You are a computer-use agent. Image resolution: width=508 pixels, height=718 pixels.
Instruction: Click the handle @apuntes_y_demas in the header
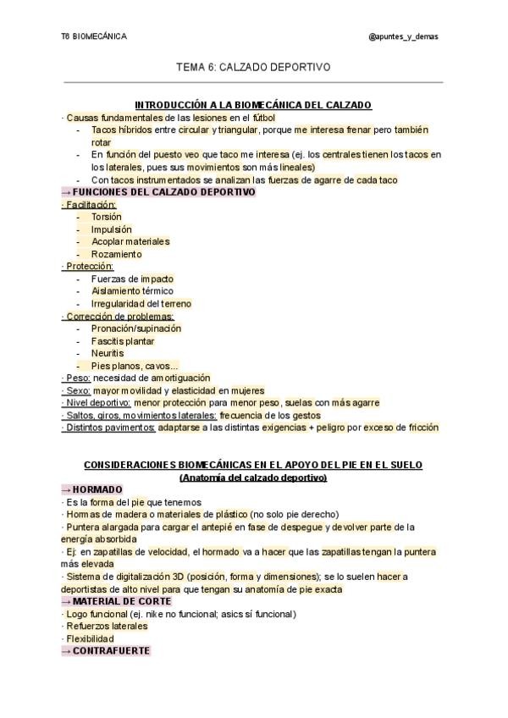pyautogui.click(x=404, y=36)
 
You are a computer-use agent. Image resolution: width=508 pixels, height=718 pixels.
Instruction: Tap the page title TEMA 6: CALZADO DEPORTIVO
pyautogui.click(x=253, y=65)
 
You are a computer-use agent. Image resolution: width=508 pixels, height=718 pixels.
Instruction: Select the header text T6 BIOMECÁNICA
pyautogui.click(x=94, y=36)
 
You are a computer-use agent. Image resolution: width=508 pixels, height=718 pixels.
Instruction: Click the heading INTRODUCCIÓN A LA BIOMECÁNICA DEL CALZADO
pyautogui.click(x=253, y=105)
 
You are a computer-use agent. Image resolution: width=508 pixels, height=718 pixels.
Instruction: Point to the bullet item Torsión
pyautogui.click(x=107, y=217)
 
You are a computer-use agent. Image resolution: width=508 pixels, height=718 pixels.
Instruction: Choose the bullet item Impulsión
pyautogui.click(x=112, y=229)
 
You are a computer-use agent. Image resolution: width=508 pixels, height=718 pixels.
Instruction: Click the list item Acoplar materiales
pyautogui.click(x=130, y=241)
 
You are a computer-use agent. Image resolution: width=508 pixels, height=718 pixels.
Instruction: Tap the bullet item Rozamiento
pyautogui.click(x=117, y=254)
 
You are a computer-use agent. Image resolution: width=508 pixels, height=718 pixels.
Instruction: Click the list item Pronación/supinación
pyautogui.click(x=136, y=329)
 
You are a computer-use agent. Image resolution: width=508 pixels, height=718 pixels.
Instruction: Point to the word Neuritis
pyautogui.click(x=108, y=353)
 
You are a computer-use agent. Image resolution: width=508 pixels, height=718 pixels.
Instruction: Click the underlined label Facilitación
pyautogui.click(x=90, y=204)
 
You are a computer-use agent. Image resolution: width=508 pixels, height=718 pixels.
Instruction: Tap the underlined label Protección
pyautogui.click(x=88, y=266)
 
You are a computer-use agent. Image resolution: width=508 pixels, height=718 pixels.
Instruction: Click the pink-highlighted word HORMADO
pyautogui.click(x=97, y=489)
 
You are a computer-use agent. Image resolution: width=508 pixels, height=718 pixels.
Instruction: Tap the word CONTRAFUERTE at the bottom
pyautogui.click(x=111, y=651)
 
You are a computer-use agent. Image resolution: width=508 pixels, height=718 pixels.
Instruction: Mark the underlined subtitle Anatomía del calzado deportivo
pyautogui.click(x=253, y=478)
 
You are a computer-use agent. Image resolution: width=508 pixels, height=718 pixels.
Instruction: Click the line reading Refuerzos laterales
pyautogui.click(x=106, y=627)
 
